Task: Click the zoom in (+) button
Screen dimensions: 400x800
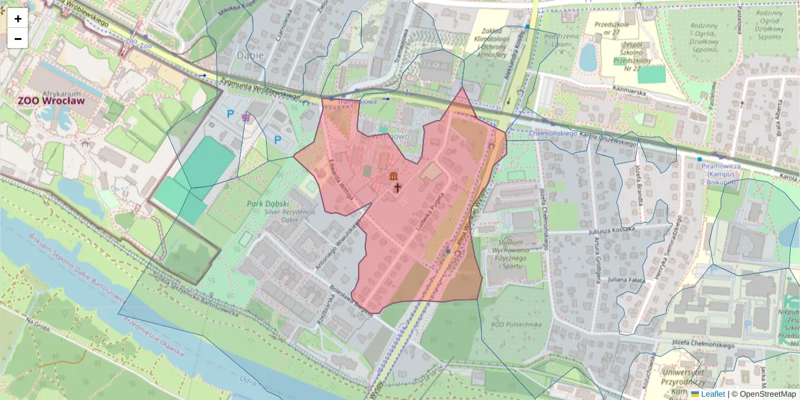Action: pyautogui.click(x=18, y=19)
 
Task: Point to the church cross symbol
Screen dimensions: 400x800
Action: pyautogui.click(x=398, y=188)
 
